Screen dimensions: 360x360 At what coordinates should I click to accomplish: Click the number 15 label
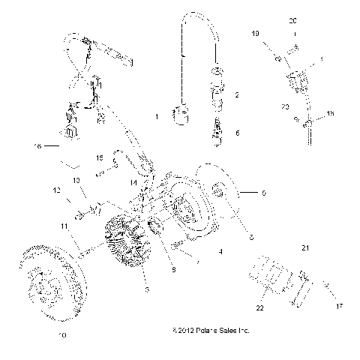[x=100, y=158]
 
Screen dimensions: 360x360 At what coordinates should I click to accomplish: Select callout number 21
[x=305, y=247]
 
